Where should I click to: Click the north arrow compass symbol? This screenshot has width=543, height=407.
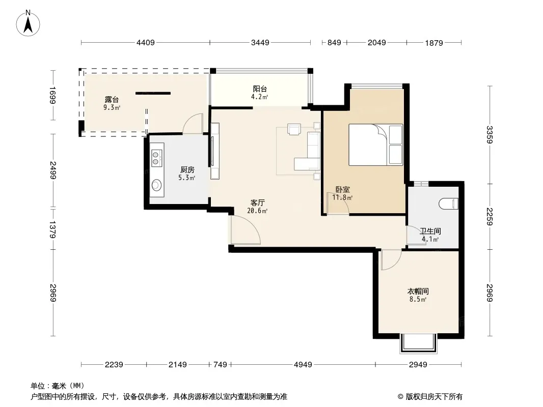(x=28, y=23)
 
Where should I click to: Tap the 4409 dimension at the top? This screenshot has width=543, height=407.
(x=146, y=43)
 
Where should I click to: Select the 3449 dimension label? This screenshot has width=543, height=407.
(x=260, y=43)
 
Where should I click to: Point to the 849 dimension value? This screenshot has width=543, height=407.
(x=334, y=43)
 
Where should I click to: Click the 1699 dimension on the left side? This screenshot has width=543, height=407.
(x=52, y=95)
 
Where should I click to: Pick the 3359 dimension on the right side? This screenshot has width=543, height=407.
(x=490, y=134)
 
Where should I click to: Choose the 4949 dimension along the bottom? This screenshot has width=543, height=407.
(x=303, y=364)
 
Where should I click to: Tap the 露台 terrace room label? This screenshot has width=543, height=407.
(x=112, y=100)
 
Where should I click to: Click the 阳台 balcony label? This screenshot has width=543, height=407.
(x=260, y=89)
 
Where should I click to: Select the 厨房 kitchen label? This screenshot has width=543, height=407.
(x=187, y=170)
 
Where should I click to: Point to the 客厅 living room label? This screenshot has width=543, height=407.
(x=258, y=202)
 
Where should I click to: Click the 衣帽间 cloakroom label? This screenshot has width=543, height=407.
(x=418, y=291)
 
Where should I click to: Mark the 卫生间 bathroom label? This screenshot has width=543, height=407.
(x=430, y=231)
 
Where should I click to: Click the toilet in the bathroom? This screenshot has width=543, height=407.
(x=448, y=203)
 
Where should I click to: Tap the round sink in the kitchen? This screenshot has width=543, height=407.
(x=156, y=185)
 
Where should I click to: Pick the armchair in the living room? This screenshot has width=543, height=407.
(x=294, y=129)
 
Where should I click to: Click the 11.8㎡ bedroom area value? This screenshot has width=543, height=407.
(x=342, y=198)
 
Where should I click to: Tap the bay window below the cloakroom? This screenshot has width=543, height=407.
(x=418, y=343)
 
